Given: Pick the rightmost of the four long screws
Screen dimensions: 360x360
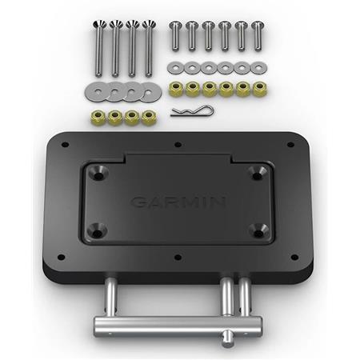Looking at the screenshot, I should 147,45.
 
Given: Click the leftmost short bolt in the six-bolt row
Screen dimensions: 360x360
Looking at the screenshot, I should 174,37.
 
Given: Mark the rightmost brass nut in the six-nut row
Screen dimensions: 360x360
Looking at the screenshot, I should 259,86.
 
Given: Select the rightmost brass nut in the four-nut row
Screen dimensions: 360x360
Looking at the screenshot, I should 148,118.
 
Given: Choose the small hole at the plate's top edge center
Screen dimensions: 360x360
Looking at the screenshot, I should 178,145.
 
